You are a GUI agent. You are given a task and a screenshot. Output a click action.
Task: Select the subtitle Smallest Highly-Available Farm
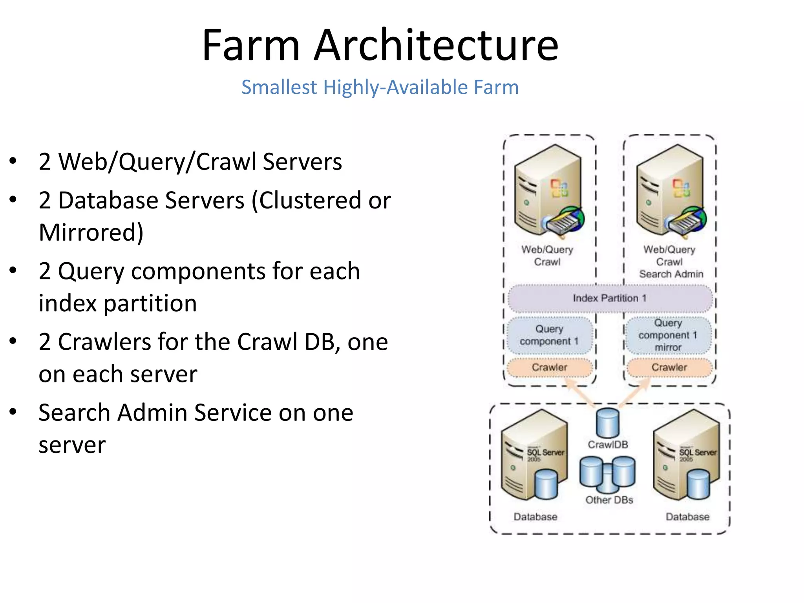380,87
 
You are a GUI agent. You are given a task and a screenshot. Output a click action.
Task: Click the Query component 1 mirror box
668,335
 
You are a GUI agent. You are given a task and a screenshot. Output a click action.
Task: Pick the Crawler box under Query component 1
549,367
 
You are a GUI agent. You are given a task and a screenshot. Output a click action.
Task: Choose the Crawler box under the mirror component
669,367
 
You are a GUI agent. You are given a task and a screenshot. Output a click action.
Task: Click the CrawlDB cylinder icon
608,423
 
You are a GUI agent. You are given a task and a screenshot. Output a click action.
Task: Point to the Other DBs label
609,500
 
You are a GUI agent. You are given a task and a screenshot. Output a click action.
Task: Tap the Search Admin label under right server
671,274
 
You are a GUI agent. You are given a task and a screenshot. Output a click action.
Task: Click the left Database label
535,517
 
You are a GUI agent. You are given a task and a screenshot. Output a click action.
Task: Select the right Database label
687,517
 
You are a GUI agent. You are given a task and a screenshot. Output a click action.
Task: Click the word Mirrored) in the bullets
91,232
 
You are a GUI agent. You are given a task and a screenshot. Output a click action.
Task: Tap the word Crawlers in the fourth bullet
104,342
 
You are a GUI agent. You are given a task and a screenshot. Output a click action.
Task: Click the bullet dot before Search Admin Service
13,412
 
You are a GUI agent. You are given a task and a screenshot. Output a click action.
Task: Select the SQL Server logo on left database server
545,453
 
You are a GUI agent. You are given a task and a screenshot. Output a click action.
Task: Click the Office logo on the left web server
559,188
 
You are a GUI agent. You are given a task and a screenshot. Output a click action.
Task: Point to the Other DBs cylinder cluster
607,474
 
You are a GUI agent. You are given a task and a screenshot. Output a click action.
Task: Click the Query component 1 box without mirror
549,335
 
